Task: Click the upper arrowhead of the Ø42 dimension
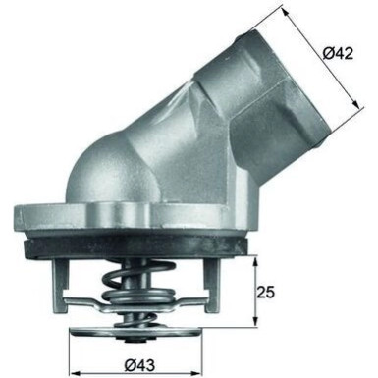tap(285, 11)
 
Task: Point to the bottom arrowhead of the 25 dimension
tap(254, 326)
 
